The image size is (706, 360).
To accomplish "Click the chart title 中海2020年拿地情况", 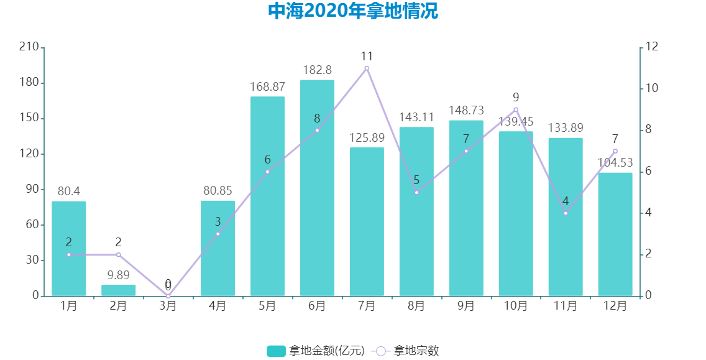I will click(352, 11).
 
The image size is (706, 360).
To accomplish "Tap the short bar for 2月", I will click(118, 290).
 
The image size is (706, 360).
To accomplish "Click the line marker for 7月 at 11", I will click(367, 68).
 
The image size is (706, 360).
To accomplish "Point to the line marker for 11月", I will click(566, 213).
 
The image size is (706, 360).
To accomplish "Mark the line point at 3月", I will click(168, 296).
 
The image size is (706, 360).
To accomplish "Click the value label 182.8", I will click(317, 70).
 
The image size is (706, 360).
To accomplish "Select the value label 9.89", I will click(118, 275).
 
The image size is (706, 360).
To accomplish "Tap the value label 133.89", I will click(566, 128).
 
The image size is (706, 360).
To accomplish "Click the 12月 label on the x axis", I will click(615, 306).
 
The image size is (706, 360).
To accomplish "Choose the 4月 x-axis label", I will click(218, 306).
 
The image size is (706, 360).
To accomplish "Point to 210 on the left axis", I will click(29, 47).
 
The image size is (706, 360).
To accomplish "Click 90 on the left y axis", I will click(31, 189).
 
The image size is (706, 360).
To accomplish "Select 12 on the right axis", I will click(652, 47).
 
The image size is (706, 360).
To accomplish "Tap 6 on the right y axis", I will click(649, 172).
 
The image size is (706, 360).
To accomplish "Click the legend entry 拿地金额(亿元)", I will click(316, 351).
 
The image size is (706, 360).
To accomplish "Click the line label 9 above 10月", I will click(516, 98).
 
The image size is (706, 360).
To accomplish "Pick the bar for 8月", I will click(416, 211).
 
